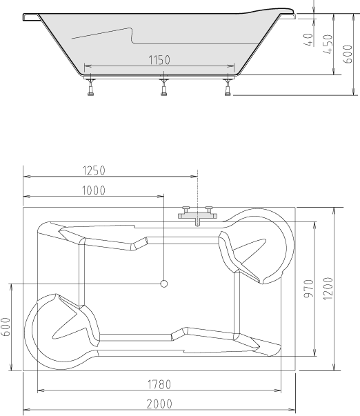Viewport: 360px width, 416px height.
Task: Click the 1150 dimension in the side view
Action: (x=159, y=61)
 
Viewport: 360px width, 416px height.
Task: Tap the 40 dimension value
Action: (x=308, y=39)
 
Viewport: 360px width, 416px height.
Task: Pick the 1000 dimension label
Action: (x=93, y=191)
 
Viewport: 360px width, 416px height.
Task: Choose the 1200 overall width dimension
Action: (x=329, y=288)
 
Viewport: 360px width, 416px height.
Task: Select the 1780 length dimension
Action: (x=159, y=384)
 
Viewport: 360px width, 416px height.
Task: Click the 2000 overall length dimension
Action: (x=159, y=404)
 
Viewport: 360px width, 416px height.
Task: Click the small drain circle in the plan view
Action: (x=164, y=284)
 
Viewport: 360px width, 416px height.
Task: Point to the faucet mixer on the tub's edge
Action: (x=197, y=215)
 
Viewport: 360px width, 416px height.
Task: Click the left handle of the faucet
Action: (x=185, y=209)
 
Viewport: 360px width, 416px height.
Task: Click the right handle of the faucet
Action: (x=209, y=209)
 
